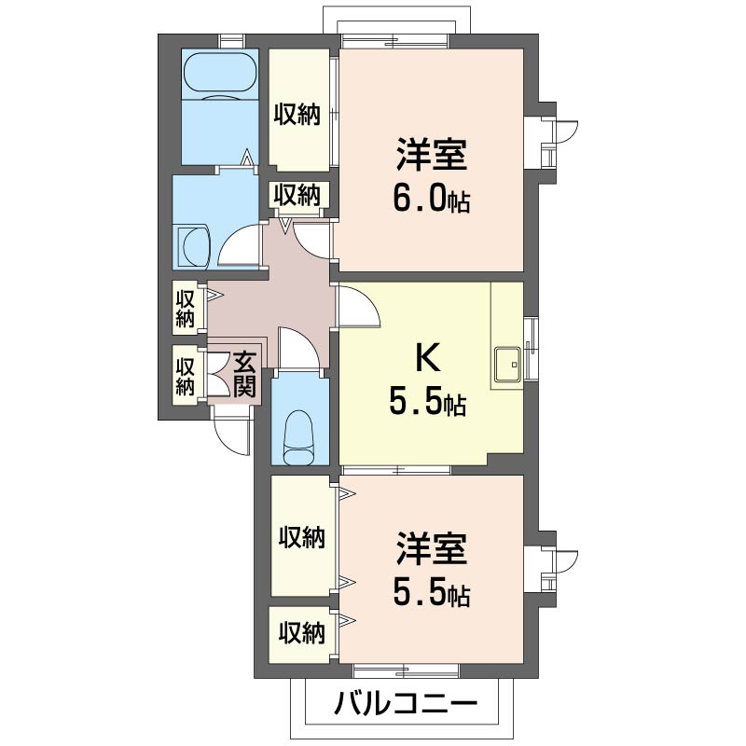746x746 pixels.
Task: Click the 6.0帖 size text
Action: [x=430, y=200]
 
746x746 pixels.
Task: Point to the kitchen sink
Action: [x=508, y=364]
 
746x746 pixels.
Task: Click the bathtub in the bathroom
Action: [x=220, y=75]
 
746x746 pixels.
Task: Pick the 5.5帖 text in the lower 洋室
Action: [x=430, y=593]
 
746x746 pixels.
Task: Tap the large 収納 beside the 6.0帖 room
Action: [x=297, y=114]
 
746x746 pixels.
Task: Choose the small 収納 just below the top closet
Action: [x=297, y=195]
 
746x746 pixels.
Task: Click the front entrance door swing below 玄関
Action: [x=230, y=432]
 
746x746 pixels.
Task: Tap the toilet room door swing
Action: [x=299, y=349]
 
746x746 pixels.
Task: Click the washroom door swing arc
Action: [x=240, y=245]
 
